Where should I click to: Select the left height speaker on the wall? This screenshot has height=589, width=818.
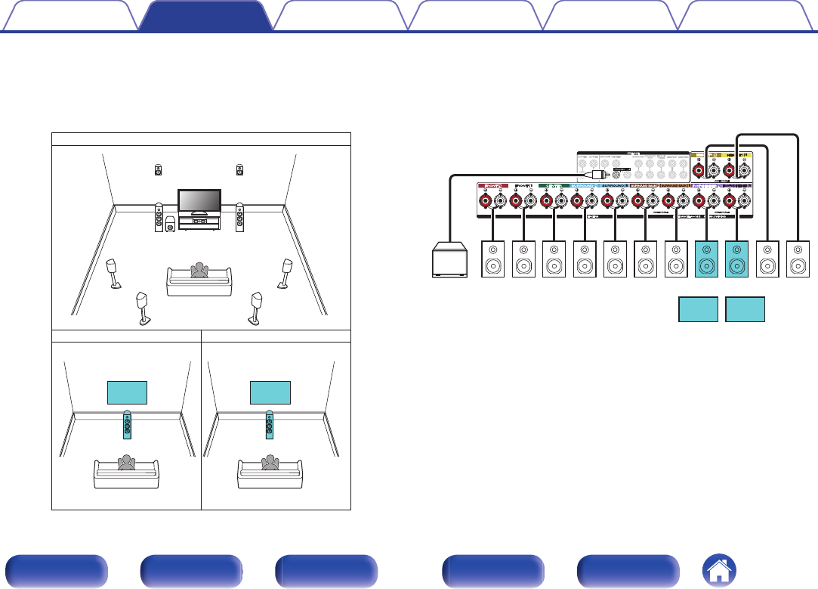point(158,169)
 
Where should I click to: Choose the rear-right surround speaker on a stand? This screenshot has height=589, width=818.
point(256,306)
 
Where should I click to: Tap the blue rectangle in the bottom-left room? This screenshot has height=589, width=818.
point(126,393)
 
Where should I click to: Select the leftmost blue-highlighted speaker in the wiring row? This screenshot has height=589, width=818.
point(706,259)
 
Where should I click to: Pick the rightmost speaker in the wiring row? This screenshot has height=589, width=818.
point(798,259)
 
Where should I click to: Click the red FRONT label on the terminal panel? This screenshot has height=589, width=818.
point(493,184)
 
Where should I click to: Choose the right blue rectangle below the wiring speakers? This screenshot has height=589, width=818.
point(745,309)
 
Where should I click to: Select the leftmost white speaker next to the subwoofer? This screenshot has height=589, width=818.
point(493,259)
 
